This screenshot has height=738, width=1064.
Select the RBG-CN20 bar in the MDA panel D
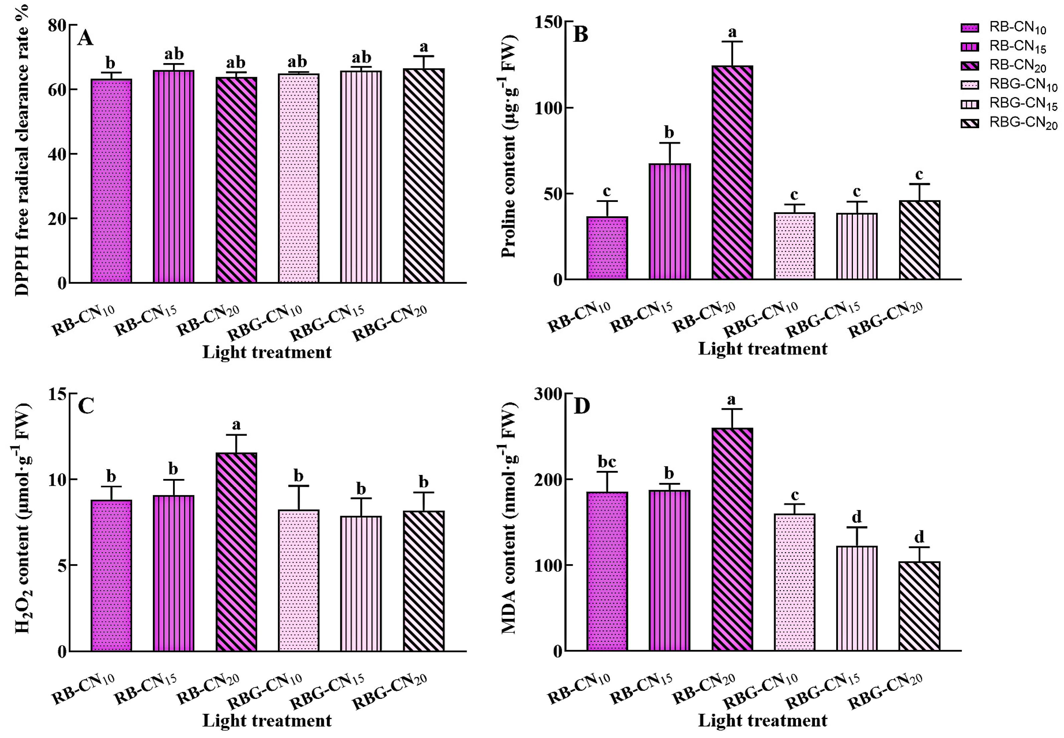pos(919,606)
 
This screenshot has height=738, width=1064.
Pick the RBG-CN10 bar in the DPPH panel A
pos(298,178)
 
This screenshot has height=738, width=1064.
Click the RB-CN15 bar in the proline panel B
pos(669,222)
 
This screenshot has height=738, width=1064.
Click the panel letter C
pos(86,406)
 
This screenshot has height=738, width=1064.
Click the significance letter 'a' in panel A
pos(423,47)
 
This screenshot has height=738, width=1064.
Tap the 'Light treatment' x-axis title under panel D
pos(762,720)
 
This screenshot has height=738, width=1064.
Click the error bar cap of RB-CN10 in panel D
pos(607,472)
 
